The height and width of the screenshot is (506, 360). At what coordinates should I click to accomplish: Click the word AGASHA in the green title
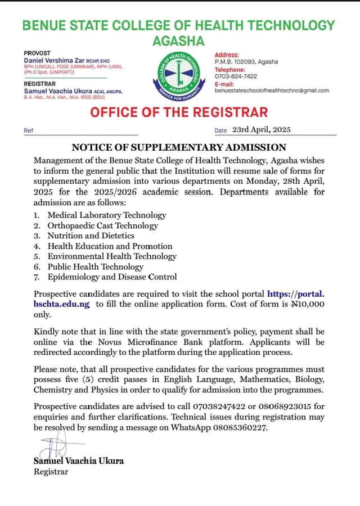point(178,41)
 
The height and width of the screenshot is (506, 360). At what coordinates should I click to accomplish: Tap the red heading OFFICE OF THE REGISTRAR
point(179,111)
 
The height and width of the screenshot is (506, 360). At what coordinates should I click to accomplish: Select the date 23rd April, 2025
point(262,129)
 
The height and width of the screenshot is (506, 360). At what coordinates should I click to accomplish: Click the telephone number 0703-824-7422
point(236,76)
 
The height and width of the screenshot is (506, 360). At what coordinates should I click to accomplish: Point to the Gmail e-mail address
point(272,90)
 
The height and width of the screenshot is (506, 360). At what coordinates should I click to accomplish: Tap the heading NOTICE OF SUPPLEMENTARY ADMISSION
point(179,147)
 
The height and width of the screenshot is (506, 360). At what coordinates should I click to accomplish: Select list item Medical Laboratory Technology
point(107,215)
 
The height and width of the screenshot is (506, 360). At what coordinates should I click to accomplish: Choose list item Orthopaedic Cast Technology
point(102,225)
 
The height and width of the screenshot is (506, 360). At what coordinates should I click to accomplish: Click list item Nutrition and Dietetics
point(91,236)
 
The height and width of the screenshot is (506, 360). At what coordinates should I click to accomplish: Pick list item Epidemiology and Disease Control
point(112,277)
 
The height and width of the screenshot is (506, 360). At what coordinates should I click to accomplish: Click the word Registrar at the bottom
point(51,471)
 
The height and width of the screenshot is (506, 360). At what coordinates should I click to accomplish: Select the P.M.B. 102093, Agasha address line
point(246,61)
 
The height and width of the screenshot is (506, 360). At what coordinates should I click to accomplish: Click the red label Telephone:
point(230,69)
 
